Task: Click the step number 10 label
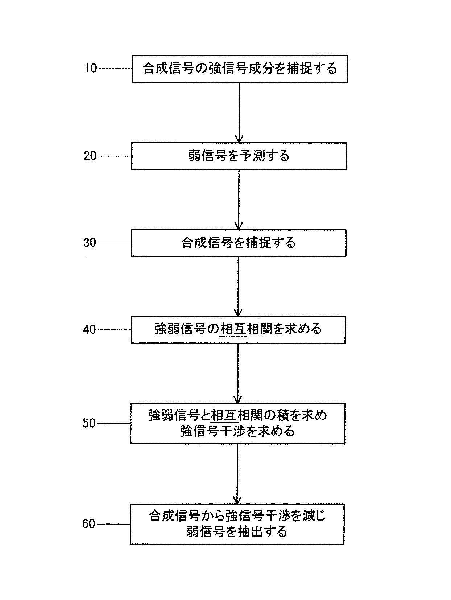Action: (x=91, y=68)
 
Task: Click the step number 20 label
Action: (x=90, y=156)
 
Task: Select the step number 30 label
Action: (x=90, y=243)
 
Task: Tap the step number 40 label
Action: (x=90, y=330)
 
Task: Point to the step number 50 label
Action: (x=89, y=423)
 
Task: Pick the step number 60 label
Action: (x=89, y=524)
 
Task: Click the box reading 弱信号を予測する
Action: (x=239, y=156)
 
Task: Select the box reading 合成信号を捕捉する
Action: (x=239, y=243)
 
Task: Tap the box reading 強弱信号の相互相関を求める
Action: (x=238, y=330)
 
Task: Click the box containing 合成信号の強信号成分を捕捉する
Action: (x=240, y=69)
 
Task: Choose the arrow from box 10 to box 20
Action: (x=239, y=112)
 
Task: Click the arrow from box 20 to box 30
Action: (x=239, y=200)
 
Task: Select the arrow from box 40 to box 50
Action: (x=238, y=373)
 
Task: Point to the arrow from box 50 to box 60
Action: (x=237, y=473)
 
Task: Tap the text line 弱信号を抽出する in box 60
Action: (x=237, y=532)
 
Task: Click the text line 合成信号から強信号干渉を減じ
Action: (x=237, y=516)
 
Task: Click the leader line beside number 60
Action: (x=113, y=524)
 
